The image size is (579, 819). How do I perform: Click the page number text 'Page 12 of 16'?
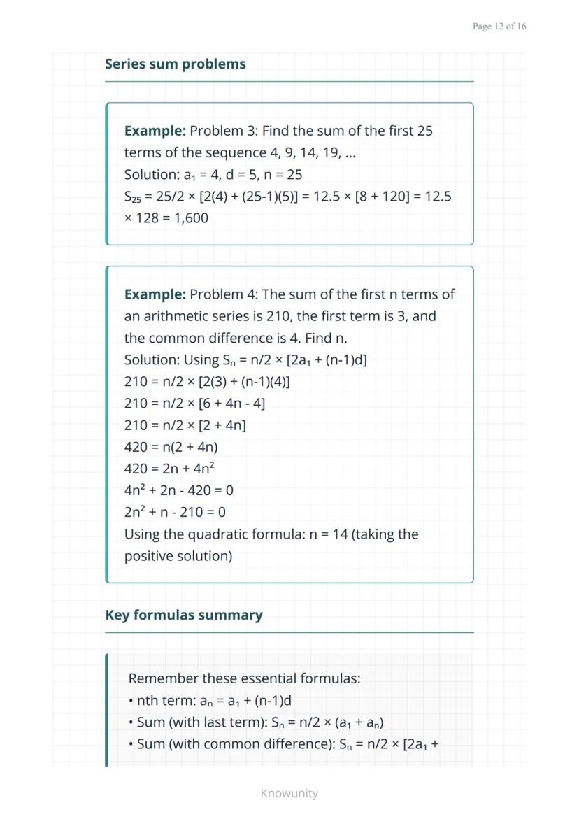click(x=499, y=27)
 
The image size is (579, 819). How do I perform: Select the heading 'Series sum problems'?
click(x=176, y=64)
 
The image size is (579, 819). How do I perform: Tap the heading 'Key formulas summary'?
click(x=184, y=615)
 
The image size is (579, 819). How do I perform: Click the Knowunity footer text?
click(x=289, y=793)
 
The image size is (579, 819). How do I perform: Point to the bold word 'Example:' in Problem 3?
click(x=155, y=131)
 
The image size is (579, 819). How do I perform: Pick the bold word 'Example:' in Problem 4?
click(x=155, y=294)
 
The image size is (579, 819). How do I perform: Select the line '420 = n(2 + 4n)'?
click(x=171, y=447)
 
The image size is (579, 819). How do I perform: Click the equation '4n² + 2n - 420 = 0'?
click(x=179, y=490)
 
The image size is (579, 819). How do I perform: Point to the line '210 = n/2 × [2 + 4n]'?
click(x=185, y=425)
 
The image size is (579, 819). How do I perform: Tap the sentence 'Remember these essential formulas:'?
click(x=244, y=678)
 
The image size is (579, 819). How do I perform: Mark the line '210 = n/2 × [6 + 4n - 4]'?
click(x=194, y=404)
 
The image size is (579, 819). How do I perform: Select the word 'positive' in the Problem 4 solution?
click(x=150, y=556)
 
